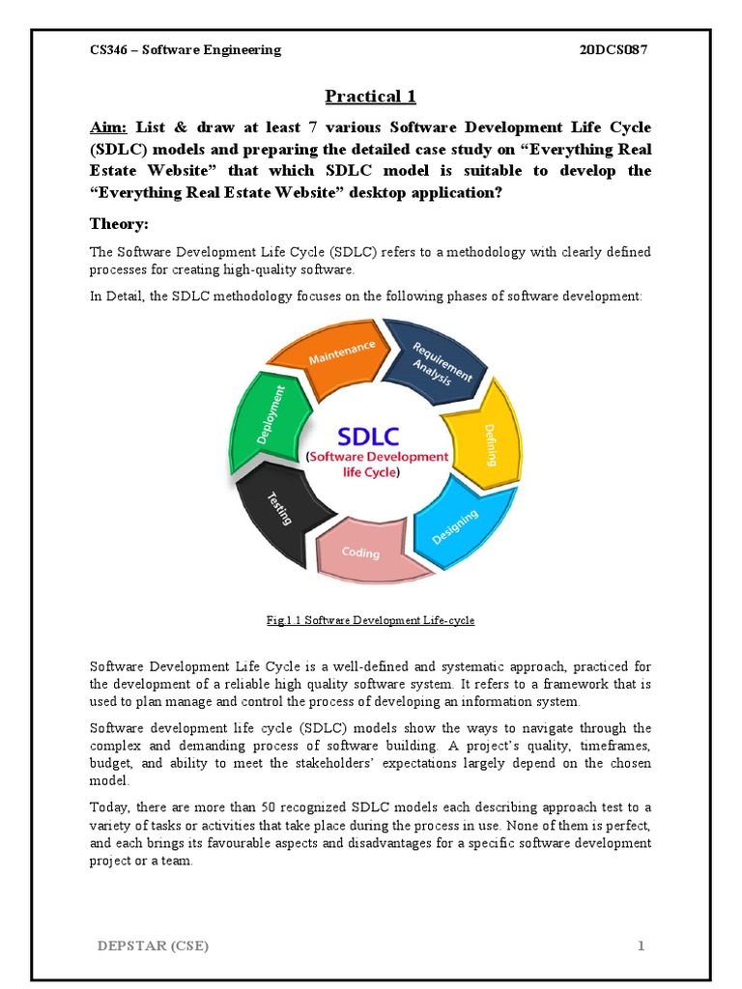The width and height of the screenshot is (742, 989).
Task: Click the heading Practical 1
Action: click(362, 96)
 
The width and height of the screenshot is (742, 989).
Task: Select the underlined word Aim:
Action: click(109, 127)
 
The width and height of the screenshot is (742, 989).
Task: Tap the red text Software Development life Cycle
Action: click(377, 464)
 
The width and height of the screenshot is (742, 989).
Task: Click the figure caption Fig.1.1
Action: click(371, 620)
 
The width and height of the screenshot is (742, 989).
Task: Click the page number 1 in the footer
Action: click(641, 947)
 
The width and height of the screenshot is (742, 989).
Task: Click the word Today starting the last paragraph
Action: click(109, 806)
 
